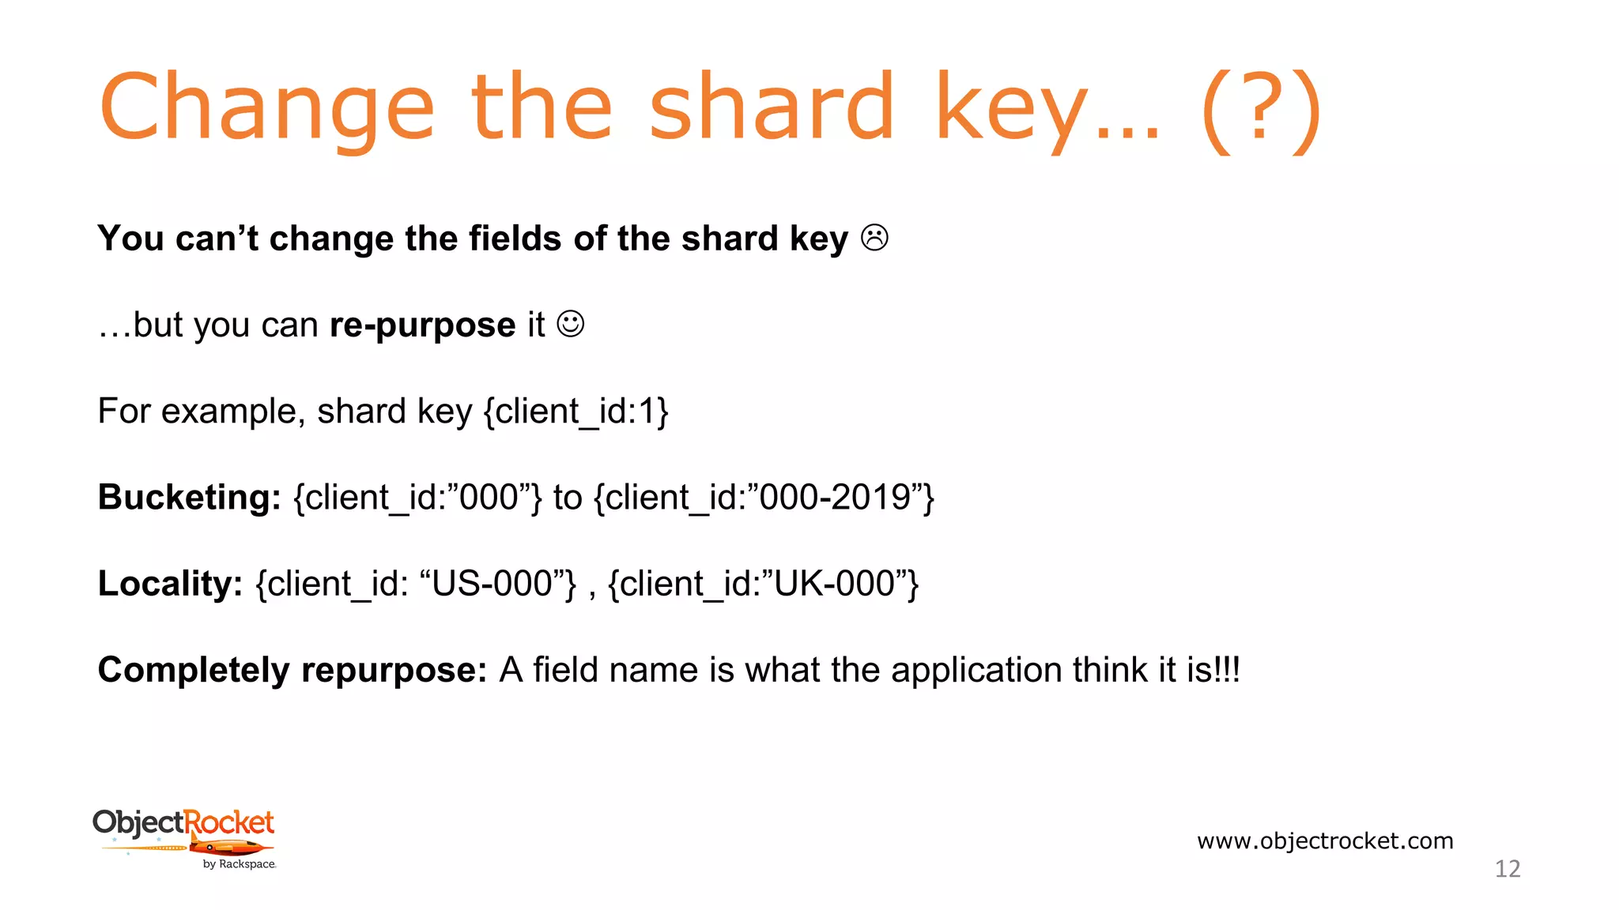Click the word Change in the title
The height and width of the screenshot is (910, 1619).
click(266, 107)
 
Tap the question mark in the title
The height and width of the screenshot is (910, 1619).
click(1261, 107)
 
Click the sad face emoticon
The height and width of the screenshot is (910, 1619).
click(874, 238)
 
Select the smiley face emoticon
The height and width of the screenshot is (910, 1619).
click(571, 324)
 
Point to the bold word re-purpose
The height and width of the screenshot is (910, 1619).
click(422, 325)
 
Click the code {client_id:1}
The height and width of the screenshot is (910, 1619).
click(576, 412)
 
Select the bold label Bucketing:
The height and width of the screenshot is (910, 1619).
click(189, 498)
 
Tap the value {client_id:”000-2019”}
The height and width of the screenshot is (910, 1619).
click(764, 498)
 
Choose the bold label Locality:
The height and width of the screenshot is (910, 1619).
click(170, 584)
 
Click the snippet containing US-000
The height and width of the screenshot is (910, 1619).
click(417, 584)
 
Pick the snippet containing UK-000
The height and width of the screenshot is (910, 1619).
click(764, 584)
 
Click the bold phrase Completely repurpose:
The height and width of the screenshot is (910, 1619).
click(292, 670)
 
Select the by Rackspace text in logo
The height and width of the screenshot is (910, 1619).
click(240, 864)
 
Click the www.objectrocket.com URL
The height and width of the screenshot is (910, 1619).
click(1325, 840)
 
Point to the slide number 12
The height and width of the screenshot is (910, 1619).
click(1508, 869)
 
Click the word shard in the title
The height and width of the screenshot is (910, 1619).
click(772, 107)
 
